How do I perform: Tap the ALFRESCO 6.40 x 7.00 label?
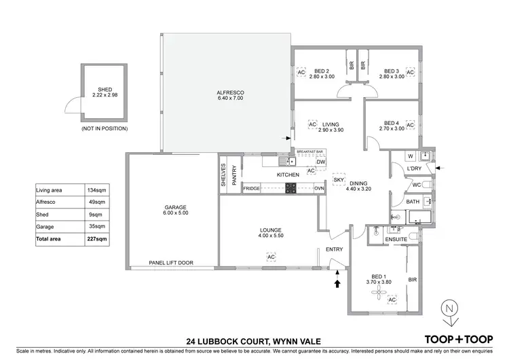[230, 95]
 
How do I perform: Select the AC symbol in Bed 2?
[301, 72]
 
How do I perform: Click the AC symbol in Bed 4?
[411, 125]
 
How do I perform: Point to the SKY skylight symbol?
[339, 180]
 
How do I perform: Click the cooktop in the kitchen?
[290, 188]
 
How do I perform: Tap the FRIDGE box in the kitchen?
[252, 188]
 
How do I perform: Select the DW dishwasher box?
[321, 162]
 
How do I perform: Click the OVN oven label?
[319, 188]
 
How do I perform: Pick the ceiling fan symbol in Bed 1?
[379, 292]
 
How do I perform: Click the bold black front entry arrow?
[337, 283]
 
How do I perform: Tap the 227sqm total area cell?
[97, 239]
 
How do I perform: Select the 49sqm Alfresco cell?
[97, 202]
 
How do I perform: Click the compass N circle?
[449, 308]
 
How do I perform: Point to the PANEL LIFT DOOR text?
[171, 262]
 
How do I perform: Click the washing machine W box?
[411, 156]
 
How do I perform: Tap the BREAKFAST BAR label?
[309, 151]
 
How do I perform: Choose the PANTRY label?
[234, 175]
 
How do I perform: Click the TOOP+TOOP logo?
[459, 340]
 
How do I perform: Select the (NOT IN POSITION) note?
[105, 128]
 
